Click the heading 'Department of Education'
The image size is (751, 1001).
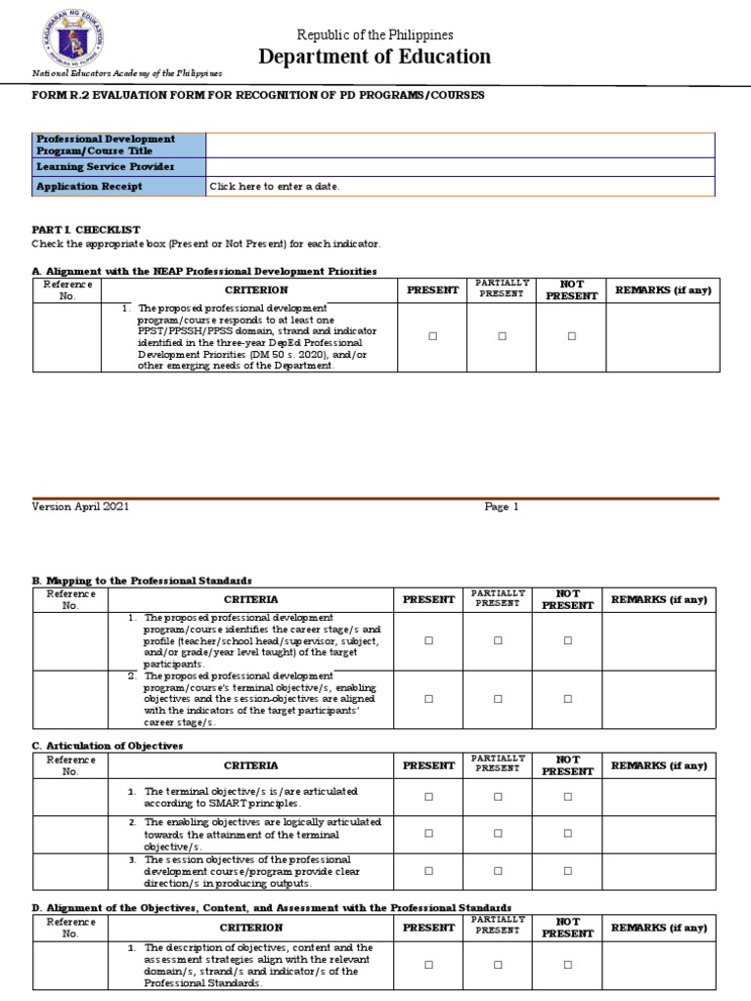[x=375, y=57]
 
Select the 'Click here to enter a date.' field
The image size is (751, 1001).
[x=275, y=186]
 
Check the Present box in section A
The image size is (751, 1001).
[x=431, y=336]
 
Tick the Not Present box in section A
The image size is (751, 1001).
[x=572, y=336]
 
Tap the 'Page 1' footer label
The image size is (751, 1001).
[x=502, y=507]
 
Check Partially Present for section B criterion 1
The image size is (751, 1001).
[x=498, y=641]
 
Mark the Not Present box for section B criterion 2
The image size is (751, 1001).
[x=568, y=699]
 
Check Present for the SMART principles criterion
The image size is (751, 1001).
[x=428, y=797]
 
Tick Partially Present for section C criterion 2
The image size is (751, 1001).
[x=498, y=834]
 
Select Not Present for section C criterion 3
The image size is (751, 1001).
[x=568, y=871]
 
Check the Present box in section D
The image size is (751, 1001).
[x=428, y=965]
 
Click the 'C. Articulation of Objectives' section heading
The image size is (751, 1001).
[x=108, y=745]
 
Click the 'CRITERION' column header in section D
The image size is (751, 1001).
[x=251, y=928]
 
